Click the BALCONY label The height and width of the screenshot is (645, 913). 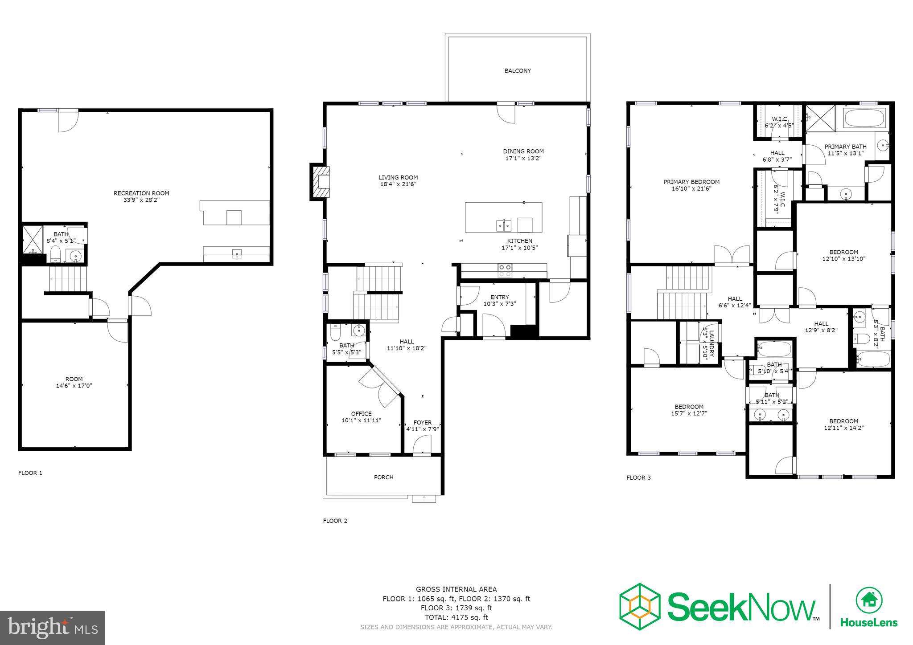(x=517, y=71)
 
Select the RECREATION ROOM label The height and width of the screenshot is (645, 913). (x=141, y=193)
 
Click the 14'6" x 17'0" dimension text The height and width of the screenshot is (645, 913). (x=74, y=386)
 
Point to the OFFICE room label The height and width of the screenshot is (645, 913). (x=361, y=414)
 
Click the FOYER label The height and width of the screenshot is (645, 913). (x=422, y=423)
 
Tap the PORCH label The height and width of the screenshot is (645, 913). (x=383, y=477)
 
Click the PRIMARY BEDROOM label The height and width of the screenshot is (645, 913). (x=691, y=182)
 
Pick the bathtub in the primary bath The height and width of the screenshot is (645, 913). (x=860, y=118)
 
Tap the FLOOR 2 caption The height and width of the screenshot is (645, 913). (x=335, y=521)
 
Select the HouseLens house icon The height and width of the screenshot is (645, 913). (x=868, y=600)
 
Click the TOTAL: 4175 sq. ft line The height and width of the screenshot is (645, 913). (x=456, y=617)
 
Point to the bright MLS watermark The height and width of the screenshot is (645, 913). (x=53, y=628)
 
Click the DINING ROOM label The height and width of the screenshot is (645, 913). (x=523, y=151)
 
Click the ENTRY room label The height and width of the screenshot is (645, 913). (x=499, y=297)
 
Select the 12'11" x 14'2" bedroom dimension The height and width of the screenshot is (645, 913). (x=843, y=428)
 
